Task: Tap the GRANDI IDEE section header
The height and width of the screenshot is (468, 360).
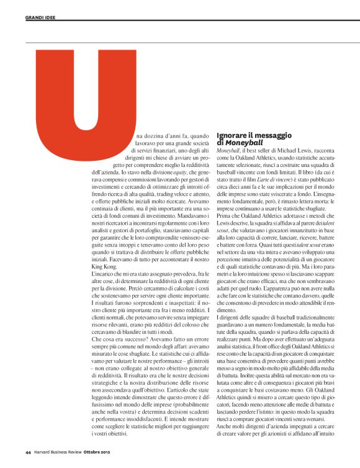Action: [40, 17]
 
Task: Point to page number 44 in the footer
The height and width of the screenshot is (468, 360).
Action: [28, 451]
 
